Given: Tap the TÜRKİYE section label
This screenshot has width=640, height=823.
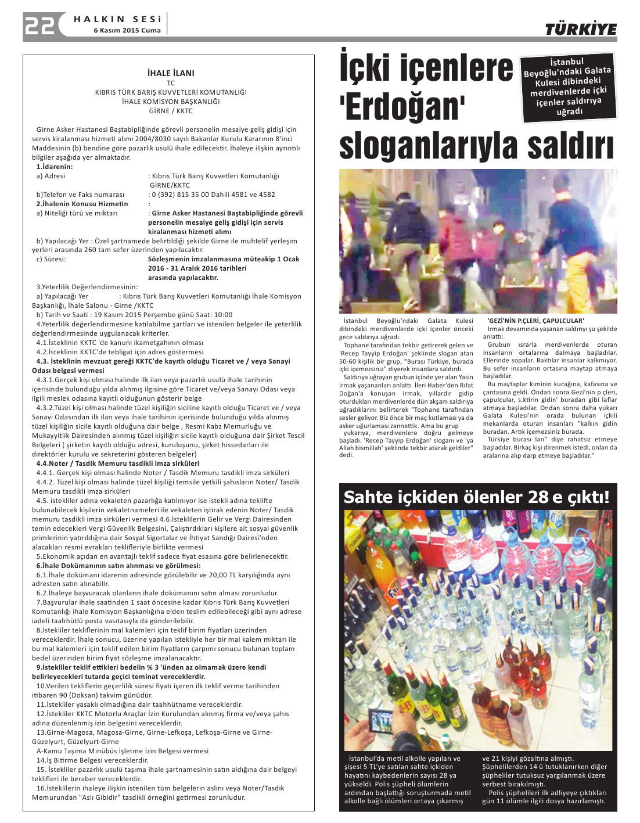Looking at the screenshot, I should click(x=580, y=29).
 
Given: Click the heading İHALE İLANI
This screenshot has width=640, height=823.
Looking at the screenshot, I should click(x=171, y=73).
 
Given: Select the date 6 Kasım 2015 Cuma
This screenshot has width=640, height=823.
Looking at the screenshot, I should click(x=127, y=30).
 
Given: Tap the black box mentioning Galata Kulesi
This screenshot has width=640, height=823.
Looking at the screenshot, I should click(x=567, y=87).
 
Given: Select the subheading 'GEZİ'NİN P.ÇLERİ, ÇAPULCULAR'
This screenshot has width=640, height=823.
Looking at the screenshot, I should click(x=535, y=321).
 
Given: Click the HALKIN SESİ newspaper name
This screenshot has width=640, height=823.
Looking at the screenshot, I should click(x=117, y=19).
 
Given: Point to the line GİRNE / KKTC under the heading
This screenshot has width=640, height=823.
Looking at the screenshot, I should click(x=171, y=110).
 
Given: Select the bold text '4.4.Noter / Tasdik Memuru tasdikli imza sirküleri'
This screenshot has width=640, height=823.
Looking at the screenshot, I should click(x=118, y=463).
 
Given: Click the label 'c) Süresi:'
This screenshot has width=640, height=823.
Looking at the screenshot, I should click(x=51, y=259).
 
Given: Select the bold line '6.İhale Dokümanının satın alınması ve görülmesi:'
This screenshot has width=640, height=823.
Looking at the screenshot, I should click(x=118, y=566).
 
